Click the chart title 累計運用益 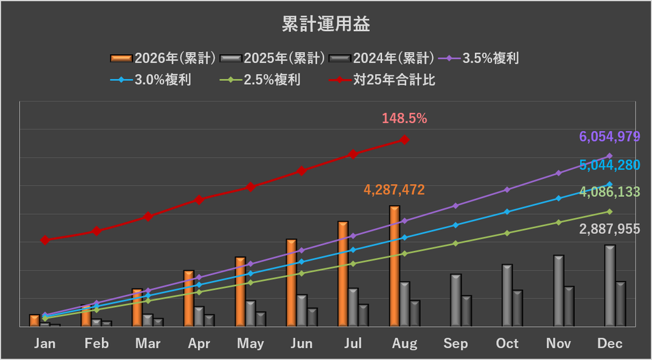(x=325, y=25)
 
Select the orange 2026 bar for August (x=395, y=266)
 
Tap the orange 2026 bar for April (x=188, y=298)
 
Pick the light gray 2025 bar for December (x=610, y=286)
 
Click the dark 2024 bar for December (x=620, y=304)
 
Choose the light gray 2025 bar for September (x=456, y=301)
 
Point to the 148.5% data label (x=404, y=119)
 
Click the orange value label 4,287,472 (x=394, y=191)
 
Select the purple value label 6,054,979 (x=609, y=136)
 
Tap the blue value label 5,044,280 (x=609, y=165)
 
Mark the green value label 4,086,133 (x=609, y=192)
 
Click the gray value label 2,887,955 (x=609, y=229)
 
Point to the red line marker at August (x=404, y=140)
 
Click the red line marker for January (x=45, y=240)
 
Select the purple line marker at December (x=610, y=156)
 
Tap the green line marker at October (x=507, y=233)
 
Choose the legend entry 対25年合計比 (x=382, y=80)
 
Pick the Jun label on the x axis (x=301, y=344)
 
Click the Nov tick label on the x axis (x=558, y=344)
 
